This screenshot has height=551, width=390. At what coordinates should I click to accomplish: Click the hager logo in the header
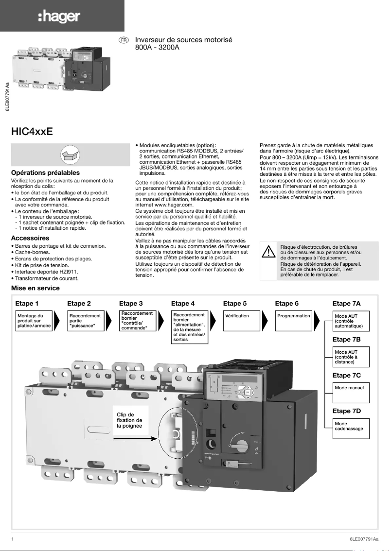pos(59,17)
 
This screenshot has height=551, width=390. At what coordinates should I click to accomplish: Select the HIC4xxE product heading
pos(32,132)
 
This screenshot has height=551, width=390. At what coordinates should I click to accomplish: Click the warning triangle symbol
pos(268,253)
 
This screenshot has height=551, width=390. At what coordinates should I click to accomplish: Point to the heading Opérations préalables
pos(45,172)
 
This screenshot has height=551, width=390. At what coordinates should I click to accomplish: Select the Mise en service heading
pos(35,288)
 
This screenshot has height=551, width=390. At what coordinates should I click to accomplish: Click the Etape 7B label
pos(346,339)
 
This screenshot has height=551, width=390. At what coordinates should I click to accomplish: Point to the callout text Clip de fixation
pos(129,420)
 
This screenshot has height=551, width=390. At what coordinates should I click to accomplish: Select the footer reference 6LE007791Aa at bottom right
pos(363,539)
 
